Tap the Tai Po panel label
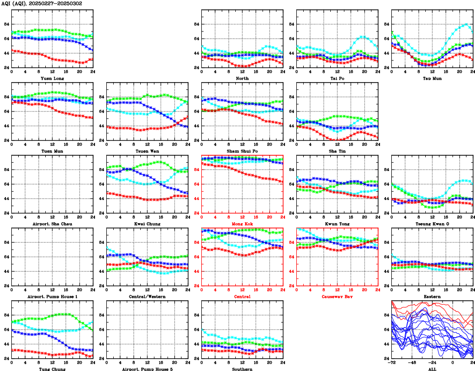(x=337, y=78)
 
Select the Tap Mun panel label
(x=432, y=78)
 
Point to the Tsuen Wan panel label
(x=147, y=151)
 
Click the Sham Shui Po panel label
(x=242, y=151)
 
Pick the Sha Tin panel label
(x=337, y=151)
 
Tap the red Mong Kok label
(x=242, y=224)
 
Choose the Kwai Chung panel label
(x=147, y=224)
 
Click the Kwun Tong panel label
(x=337, y=224)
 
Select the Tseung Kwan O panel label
(x=432, y=224)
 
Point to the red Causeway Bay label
(x=337, y=296)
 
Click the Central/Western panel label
(x=147, y=296)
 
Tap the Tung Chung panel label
(x=52, y=369)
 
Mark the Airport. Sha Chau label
(x=52, y=224)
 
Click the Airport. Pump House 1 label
(x=52, y=296)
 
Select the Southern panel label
(x=242, y=369)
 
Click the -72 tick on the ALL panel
(x=392, y=363)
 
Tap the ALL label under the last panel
(x=432, y=369)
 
